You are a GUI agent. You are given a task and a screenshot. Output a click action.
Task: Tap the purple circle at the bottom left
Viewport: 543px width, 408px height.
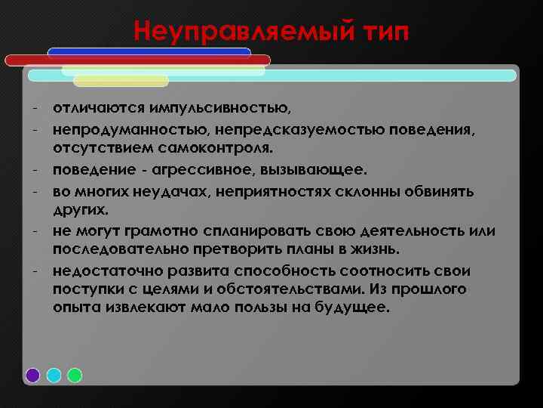click(x=33, y=375)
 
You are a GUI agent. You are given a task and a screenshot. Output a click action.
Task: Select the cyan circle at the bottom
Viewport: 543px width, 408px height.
click(x=54, y=375)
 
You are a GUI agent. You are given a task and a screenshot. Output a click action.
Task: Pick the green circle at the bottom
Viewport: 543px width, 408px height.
click(x=75, y=375)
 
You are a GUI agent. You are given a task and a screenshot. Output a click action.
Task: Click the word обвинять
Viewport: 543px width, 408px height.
click(x=438, y=191)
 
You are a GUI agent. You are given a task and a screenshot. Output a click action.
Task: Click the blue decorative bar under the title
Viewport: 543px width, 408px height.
click(x=149, y=52)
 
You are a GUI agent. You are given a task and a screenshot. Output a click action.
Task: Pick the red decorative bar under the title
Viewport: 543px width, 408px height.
click(x=136, y=60)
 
